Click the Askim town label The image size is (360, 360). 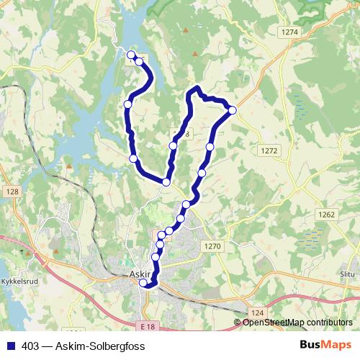pos(140,274)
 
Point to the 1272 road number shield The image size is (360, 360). pos(269,150)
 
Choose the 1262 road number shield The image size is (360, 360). pos(327,215)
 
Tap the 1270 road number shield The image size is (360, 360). pos(212,246)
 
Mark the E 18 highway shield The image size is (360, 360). pos(148,327)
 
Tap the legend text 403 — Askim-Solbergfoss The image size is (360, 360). pos(83,346)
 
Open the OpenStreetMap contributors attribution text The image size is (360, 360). pos(297,322)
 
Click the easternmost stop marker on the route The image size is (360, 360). pos(233,109)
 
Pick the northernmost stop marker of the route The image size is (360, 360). pos(131,55)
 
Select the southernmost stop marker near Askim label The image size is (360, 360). pos(143,283)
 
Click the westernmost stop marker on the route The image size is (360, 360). pos(127,104)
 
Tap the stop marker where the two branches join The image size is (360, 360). pos(166,182)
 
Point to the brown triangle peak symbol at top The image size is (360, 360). pos(186,30)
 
